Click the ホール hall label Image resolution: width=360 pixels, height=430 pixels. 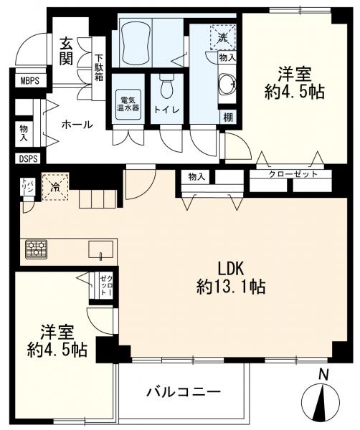[77, 124]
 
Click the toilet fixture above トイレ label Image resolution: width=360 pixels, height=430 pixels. [167, 86]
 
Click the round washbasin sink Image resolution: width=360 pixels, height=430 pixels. [226, 85]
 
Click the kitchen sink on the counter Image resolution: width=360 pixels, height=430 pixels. [99, 249]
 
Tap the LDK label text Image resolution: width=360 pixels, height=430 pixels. [231, 269]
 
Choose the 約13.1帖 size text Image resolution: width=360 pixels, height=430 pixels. [231, 287]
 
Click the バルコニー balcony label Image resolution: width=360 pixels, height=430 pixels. [184, 391]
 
